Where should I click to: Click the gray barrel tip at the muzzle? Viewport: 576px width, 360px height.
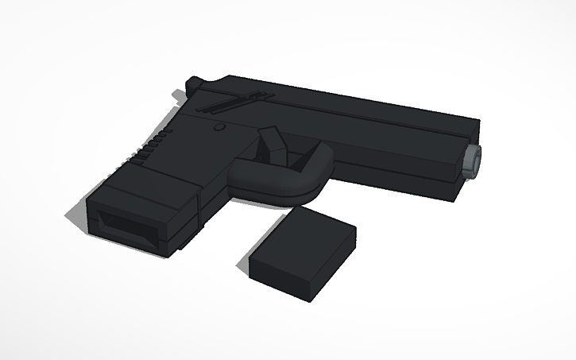click(x=474, y=161)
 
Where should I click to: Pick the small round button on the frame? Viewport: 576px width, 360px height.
click(x=220, y=127)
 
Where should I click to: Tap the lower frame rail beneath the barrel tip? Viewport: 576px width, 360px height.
click(x=457, y=187)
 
